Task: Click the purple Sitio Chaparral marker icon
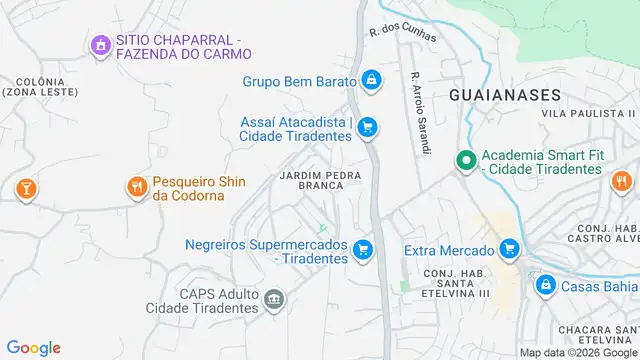[x=99, y=45]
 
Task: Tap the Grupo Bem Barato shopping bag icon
[x=371, y=79]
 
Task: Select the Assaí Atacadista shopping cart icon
[x=367, y=127]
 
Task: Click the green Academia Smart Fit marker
[x=465, y=160]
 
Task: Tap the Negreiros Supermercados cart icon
[x=363, y=250]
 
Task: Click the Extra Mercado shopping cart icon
[x=510, y=249]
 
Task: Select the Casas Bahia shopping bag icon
[x=545, y=285]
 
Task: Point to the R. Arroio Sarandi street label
[x=419, y=112]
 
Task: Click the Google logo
[x=33, y=347]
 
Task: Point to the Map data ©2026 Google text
[x=577, y=352]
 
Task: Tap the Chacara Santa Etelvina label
[x=598, y=337]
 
